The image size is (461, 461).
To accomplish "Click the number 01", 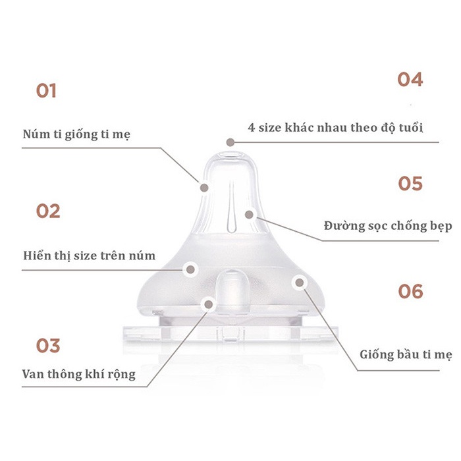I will click(x=46, y=90).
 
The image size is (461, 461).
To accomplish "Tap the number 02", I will click(x=48, y=211).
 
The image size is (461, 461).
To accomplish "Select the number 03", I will click(x=47, y=346).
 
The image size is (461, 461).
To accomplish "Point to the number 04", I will click(x=410, y=80).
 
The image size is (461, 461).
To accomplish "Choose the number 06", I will click(x=410, y=291).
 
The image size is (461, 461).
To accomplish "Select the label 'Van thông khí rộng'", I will click(x=78, y=374).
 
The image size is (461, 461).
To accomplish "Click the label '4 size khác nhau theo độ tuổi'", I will click(x=335, y=127).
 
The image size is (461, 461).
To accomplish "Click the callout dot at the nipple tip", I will click(x=229, y=142).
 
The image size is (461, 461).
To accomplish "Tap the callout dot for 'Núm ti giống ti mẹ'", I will click(x=204, y=187).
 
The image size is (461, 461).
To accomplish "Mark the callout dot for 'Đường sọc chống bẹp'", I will click(x=249, y=213).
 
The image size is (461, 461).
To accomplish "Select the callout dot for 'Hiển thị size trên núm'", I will click(x=191, y=269).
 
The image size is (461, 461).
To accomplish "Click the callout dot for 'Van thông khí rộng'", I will click(x=209, y=304).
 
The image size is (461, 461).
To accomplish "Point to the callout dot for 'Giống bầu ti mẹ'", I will click(x=300, y=283).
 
